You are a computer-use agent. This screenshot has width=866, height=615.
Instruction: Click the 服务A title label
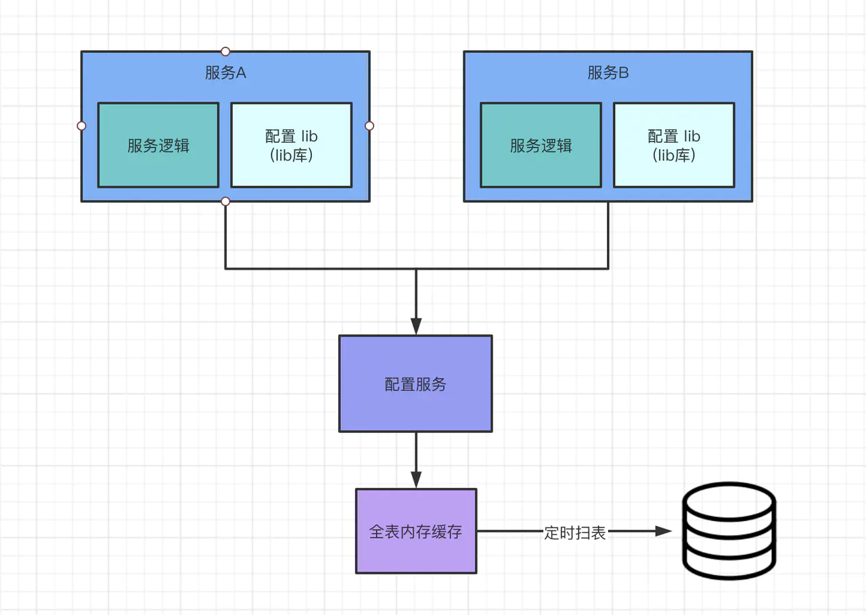pyautogui.click(x=225, y=73)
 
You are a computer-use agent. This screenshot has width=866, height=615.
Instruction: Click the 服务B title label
pyautogui.click(x=608, y=73)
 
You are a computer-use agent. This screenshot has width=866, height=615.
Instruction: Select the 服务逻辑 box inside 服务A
pyautogui.click(x=158, y=145)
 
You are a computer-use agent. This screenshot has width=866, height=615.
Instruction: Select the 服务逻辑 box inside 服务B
pyautogui.click(x=541, y=145)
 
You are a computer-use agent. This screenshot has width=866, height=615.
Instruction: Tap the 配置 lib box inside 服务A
pyautogui.click(x=291, y=145)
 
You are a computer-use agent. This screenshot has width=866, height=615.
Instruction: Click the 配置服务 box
pyautogui.click(x=415, y=384)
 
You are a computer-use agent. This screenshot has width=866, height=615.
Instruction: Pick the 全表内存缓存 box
pyautogui.click(x=416, y=531)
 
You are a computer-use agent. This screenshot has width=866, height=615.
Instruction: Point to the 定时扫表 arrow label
pyautogui.click(x=574, y=532)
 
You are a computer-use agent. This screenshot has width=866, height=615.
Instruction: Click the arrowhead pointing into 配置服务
pyautogui.click(x=415, y=326)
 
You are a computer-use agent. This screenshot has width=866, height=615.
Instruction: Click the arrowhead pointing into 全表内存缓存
pyautogui.click(x=415, y=479)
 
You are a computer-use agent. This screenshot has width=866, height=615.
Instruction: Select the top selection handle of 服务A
pyautogui.click(x=225, y=51)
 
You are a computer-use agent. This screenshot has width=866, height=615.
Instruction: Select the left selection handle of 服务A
pyautogui.click(x=81, y=126)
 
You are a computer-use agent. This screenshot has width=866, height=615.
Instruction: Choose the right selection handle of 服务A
pyautogui.click(x=369, y=126)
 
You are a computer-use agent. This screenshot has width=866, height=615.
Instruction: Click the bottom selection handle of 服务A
pyautogui.click(x=225, y=202)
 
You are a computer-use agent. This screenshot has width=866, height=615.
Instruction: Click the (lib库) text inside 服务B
pyautogui.click(x=674, y=155)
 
